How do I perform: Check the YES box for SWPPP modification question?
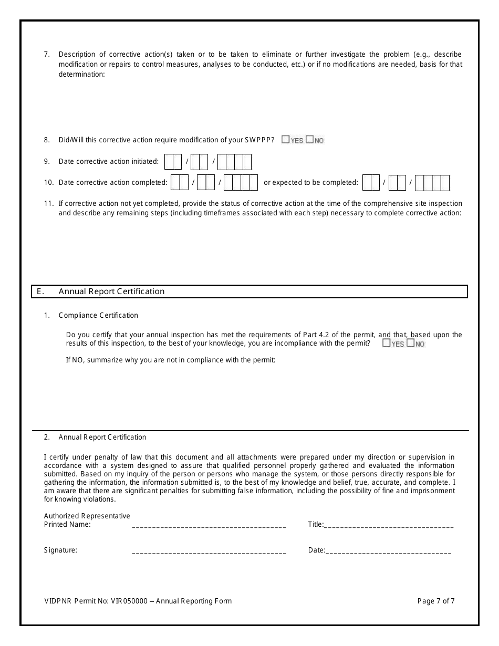[x=285, y=140]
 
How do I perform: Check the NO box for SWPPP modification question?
[x=309, y=140]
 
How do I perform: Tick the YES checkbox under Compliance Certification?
[x=387, y=343]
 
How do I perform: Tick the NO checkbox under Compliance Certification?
[x=411, y=343]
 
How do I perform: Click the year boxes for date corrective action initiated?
[x=234, y=162]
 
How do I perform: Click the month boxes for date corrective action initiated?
[x=173, y=162]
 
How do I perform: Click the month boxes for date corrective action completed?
[x=180, y=183]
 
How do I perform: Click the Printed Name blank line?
[x=209, y=525]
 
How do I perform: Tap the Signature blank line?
[x=209, y=551]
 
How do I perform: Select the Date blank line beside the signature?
[x=389, y=551]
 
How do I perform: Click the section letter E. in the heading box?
[x=40, y=291]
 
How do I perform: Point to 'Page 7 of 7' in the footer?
[x=436, y=601]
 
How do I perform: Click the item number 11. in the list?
[x=49, y=203]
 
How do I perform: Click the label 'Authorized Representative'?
[x=87, y=516]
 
